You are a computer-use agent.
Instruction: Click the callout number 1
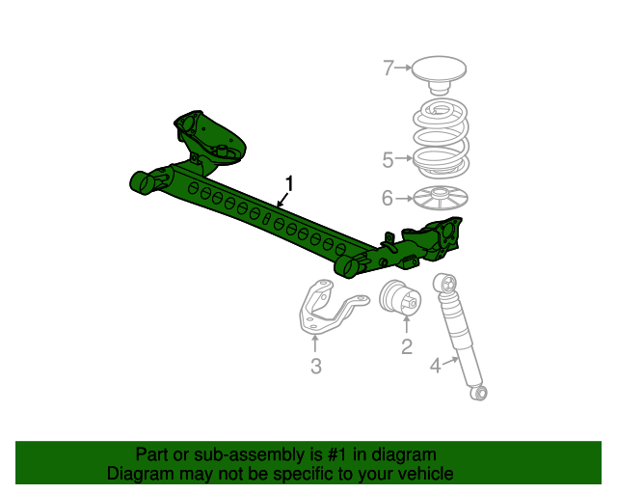tap(288, 181)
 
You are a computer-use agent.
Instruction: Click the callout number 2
tap(407, 344)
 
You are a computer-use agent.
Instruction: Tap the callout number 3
tap(315, 366)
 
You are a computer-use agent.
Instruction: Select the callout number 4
tap(435, 365)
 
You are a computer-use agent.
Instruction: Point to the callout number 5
tap(388, 159)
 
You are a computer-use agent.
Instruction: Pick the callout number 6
tap(388, 199)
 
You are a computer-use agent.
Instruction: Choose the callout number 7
tap(389, 68)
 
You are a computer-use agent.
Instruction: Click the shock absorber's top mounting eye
tap(445, 282)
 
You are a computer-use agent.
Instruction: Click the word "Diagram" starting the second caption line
tap(137, 474)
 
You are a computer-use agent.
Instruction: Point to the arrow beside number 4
tap(450, 360)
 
